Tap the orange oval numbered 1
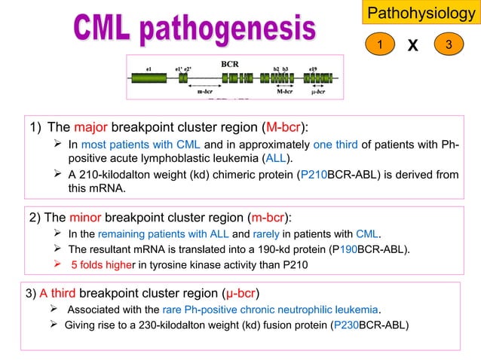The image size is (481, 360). [x=381, y=46]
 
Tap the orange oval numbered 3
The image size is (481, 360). [x=449, y=46]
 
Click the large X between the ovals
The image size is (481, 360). [x=412, y=47]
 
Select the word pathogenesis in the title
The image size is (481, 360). [x=241, y=30]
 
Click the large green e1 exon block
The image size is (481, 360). [x=149, y=78]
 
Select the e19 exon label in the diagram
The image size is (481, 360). [x=312, y=69]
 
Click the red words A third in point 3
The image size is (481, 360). [x=57, y=293]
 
